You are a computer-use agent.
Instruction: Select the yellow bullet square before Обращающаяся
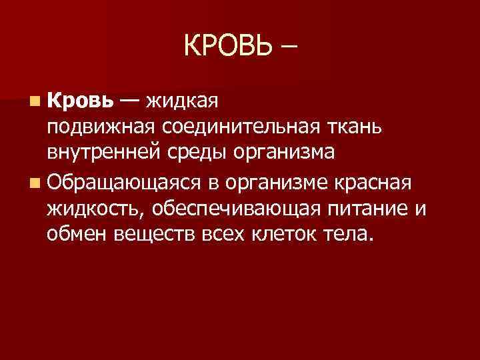point(35,183)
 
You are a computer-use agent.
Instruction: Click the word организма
point(285,153)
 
